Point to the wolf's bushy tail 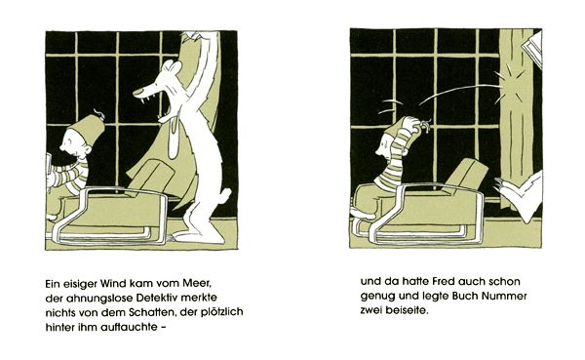(x=224, y=196)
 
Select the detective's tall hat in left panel (x=88, y=129)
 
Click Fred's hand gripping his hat (x=412, y=126)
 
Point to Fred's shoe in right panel (x=363, y=214)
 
